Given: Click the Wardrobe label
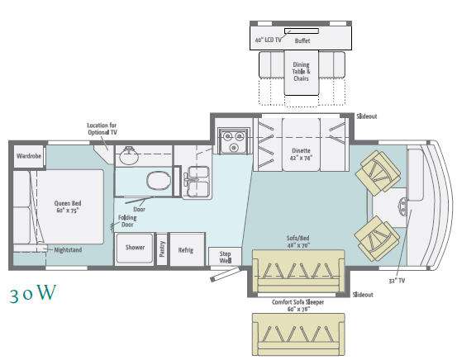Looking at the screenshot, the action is point(29,156).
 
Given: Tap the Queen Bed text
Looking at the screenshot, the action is point(68,203).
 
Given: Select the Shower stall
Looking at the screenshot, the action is point(135,249).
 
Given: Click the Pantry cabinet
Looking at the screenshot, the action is point(162,249).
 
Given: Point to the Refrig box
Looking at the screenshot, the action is point(187,249).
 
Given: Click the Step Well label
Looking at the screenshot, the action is point(226,257).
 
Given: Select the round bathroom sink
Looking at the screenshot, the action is point(129,155).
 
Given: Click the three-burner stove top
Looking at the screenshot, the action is point(234,141).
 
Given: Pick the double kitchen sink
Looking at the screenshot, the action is point(198,182).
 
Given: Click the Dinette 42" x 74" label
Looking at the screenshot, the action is point(301,154).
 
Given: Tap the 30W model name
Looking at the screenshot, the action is point(33,293).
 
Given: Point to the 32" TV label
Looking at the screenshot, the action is point(397,281).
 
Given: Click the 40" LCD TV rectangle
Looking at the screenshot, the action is point(302,31).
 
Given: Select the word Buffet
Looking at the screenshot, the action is point(302,40).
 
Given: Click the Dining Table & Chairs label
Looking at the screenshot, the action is point(302,71).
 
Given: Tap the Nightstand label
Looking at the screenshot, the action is point(68,250).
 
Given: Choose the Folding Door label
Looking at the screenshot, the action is point(127,221).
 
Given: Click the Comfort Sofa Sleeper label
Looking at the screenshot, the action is point(298,302).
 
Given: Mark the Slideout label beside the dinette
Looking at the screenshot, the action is point(367,116).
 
